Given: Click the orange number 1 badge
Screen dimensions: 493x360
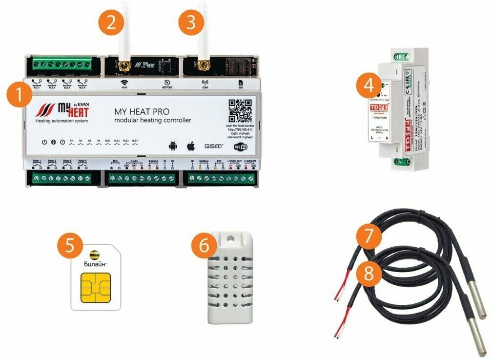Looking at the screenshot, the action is (18, 94).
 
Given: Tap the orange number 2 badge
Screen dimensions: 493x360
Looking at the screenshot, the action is (111, 23).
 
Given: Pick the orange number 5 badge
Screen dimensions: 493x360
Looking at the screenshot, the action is (71, 244).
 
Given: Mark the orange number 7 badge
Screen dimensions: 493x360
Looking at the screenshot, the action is (369, 237).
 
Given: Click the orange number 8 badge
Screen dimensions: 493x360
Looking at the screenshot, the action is (369, 273).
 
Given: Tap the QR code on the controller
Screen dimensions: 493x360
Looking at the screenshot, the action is (240, 111).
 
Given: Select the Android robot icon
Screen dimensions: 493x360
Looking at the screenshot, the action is (172, 146).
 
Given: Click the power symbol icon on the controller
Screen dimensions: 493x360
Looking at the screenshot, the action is (44, 142).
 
